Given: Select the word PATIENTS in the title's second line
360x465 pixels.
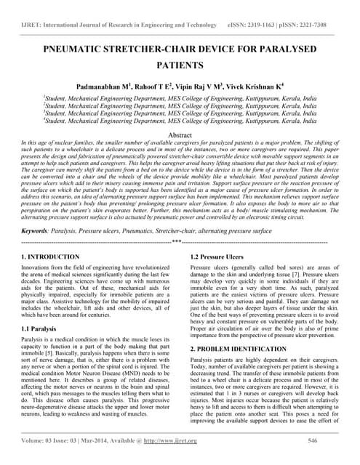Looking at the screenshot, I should [180, 65].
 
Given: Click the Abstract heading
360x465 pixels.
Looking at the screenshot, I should [180, 135].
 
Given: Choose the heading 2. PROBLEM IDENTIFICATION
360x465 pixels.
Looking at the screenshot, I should [245, 349].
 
